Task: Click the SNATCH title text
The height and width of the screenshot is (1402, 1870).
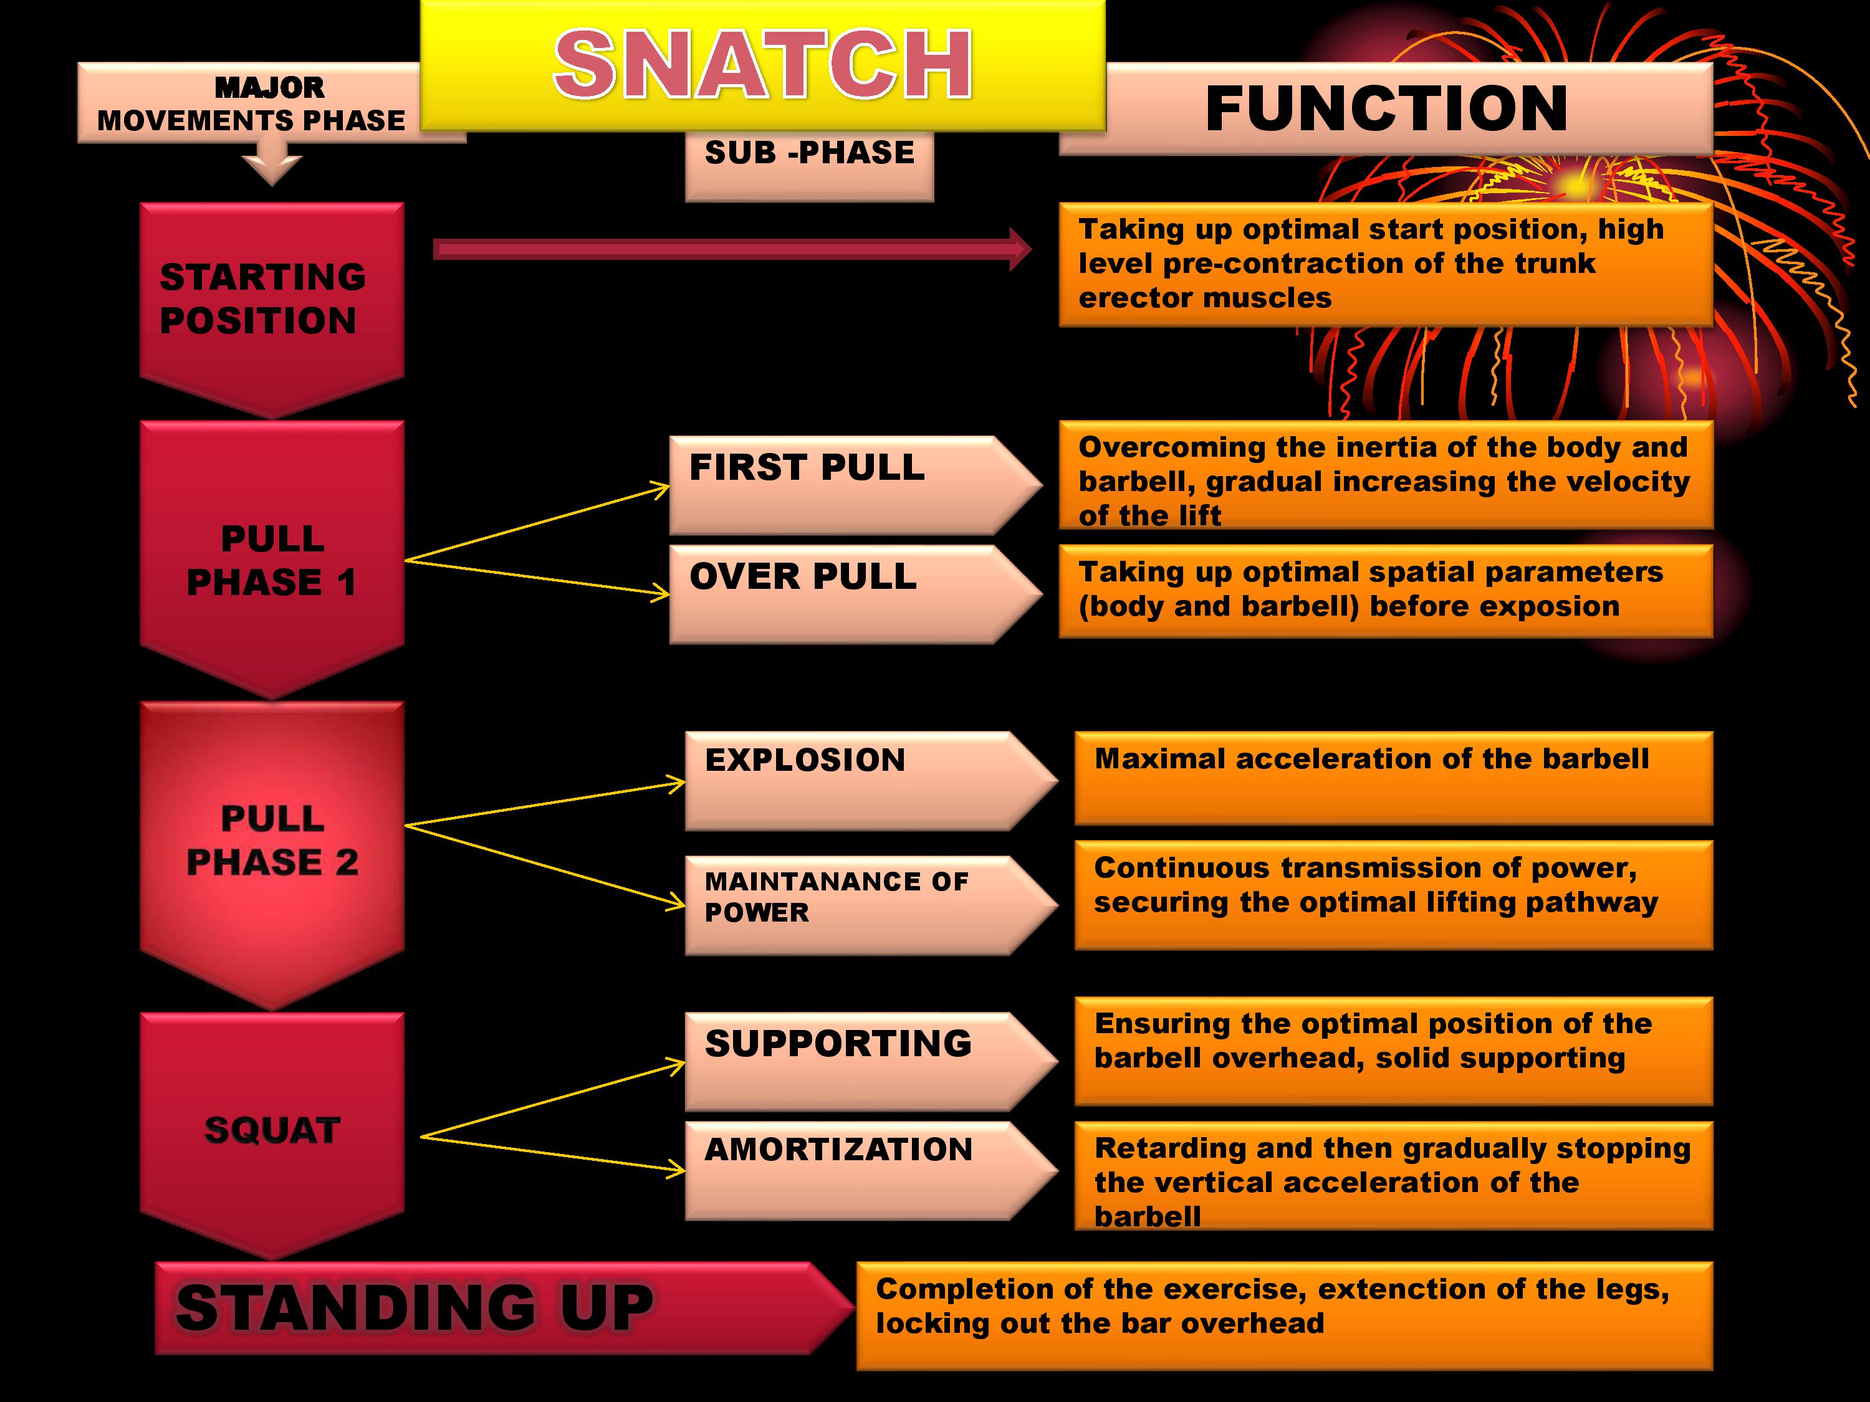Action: (x=762, y=64)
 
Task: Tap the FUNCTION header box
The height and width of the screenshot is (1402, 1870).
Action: (x=1386, y=108)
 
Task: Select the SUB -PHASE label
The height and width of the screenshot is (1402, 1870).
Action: (x=809, y=153)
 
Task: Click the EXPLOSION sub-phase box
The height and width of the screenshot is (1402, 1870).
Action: (x=871, y=781)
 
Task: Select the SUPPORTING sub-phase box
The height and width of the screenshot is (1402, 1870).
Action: (x=871, y=1061)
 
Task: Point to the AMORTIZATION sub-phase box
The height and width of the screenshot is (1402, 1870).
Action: (x=871, y=1170)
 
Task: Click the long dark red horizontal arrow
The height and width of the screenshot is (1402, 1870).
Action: (x=732, y=249)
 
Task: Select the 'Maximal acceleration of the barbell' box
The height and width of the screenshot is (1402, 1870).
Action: (x=1393, y=778)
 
